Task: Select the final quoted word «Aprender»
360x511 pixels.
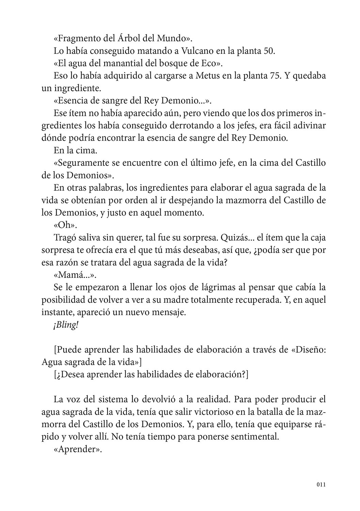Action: (x=78, y=449)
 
